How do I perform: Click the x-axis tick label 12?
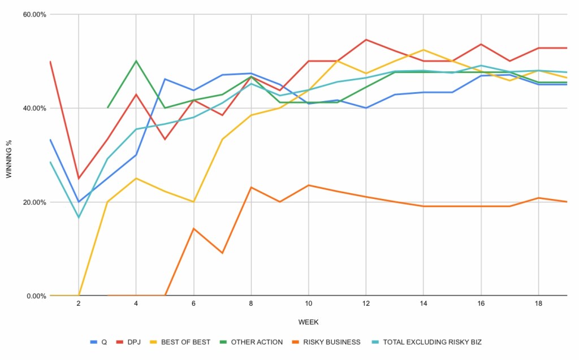pyautogui.click(x=366, y=303)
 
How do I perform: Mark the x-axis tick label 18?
pyautogui.click(x=538, y=303)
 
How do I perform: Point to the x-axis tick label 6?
pyautogui.click(x=193, y=303)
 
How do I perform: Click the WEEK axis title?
pyautogui.click(x=308, y=322)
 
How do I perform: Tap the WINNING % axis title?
pyautogui.click(x=9, y=155)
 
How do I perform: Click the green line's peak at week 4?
pyautogui.click(x=136, y=61)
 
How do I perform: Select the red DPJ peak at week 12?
pyautogui.click(x=366, y=40)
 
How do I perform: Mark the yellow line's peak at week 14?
pyautogui.click(x=424, y=50)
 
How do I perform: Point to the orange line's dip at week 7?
pyautogui.click(x=222, y=253)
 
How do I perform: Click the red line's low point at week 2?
pyautogui.click(x=79, y=179)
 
